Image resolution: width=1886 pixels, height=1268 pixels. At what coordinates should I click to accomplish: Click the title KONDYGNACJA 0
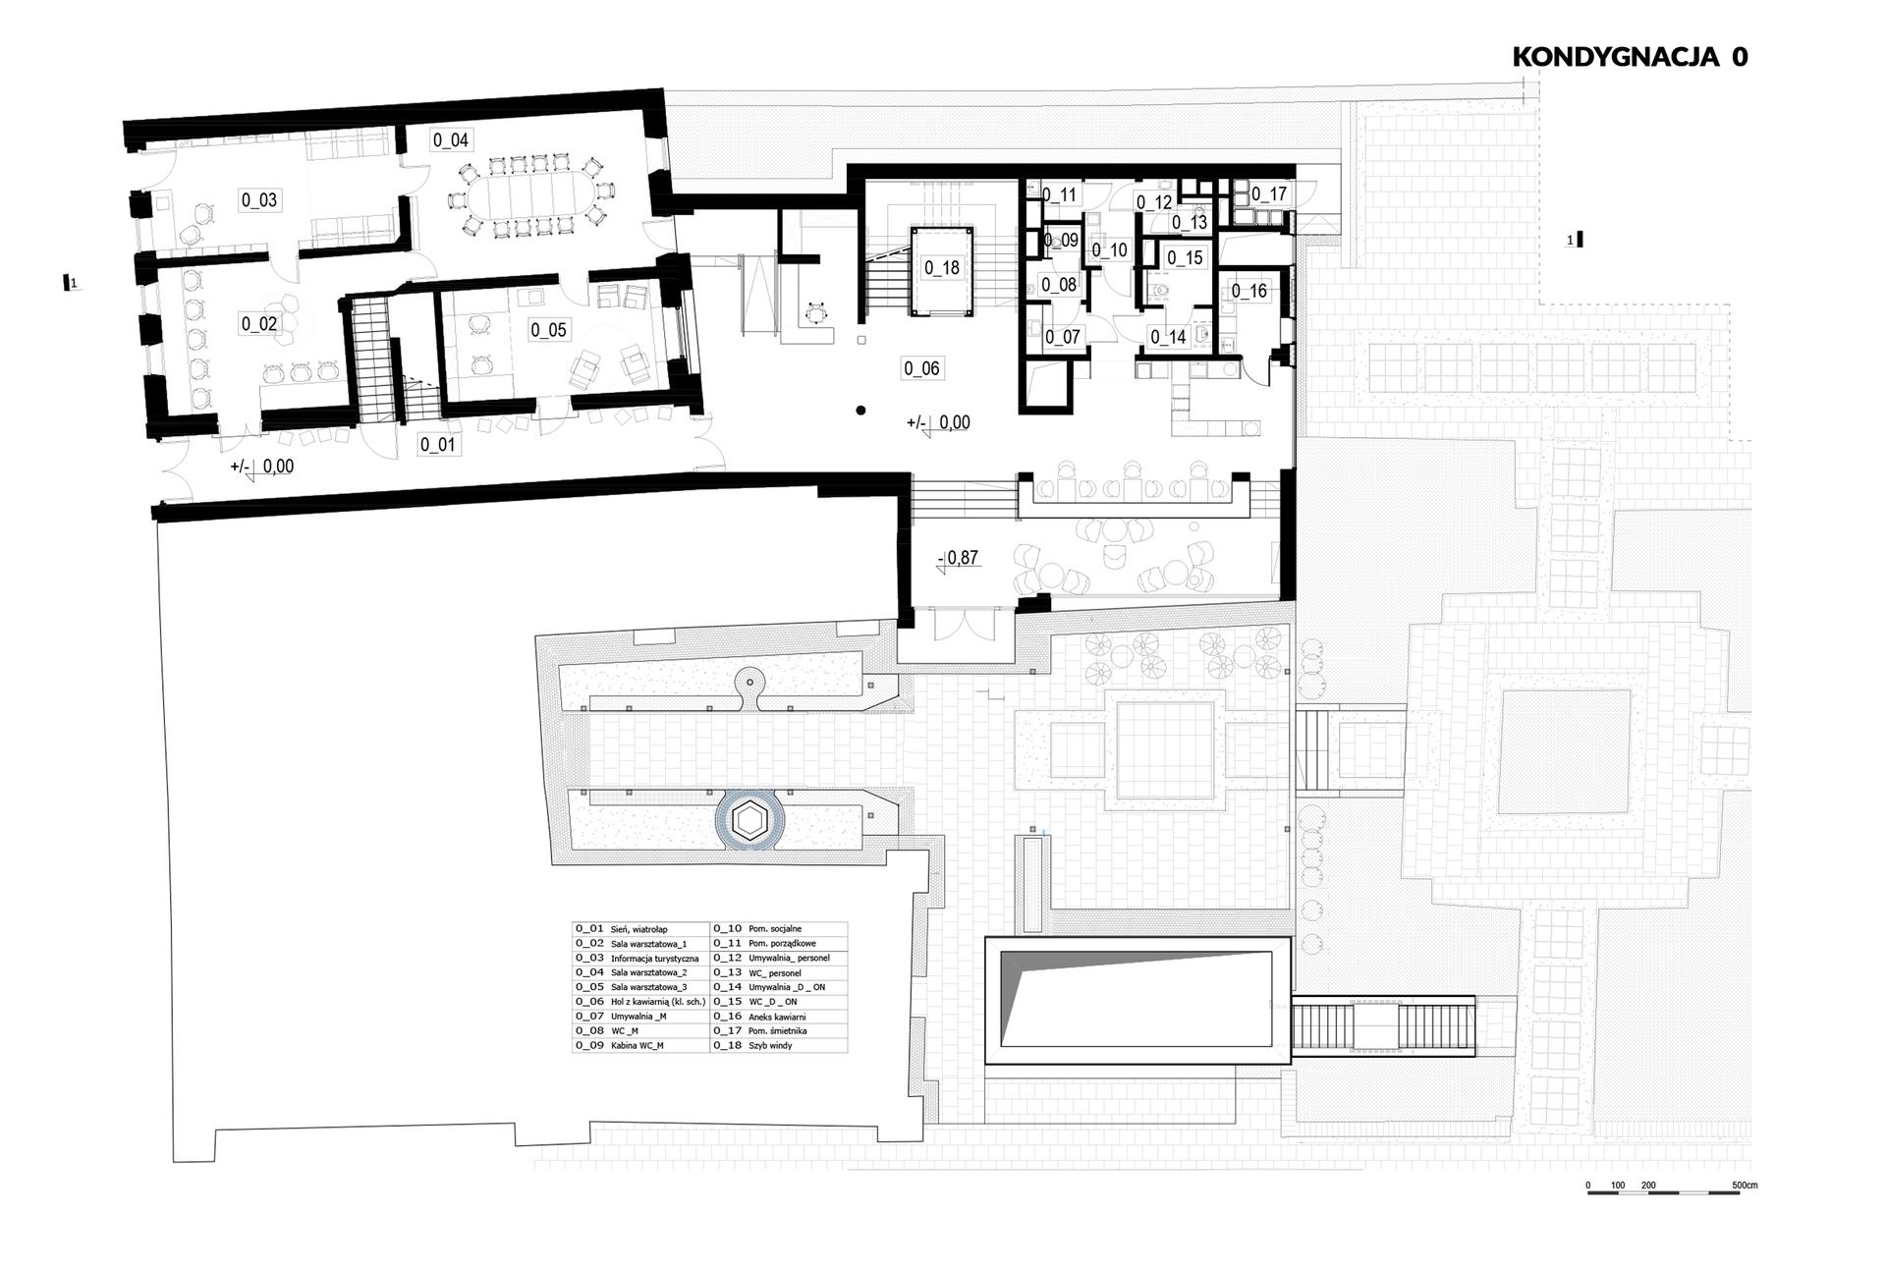[x=1630, y=56]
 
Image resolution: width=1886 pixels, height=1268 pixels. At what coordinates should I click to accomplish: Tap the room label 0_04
[x=451, y=140]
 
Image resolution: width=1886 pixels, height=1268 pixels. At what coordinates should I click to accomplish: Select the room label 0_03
[x=259, y=200]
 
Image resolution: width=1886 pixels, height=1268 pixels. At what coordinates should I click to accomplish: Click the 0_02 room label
[x=259, y=324]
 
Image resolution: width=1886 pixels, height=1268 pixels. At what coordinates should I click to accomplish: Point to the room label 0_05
[x=549, y=330]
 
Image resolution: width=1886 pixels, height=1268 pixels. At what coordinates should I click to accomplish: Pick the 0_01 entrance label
[x=438, y=445]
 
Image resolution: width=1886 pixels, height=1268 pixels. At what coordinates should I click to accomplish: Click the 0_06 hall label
[x=921, y=369]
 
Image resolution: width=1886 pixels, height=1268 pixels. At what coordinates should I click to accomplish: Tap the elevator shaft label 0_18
[x=941, y=267]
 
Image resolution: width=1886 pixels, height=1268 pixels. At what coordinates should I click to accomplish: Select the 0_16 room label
[x=1249, y=291]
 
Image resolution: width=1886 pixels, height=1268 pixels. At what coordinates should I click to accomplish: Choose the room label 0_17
[x=1269, y=194]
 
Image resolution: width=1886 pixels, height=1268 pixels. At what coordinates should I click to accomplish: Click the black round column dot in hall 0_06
[x=860, y=411]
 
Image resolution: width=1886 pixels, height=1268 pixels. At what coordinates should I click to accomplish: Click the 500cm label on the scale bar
[x=1745, y=1185]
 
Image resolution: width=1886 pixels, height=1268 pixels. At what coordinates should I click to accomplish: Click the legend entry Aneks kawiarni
[x=778, y=1017]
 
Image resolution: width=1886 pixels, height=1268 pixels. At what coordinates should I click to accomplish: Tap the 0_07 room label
[x=1063, y=337]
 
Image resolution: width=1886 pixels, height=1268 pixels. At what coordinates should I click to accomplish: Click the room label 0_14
[x=1169, y=337]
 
